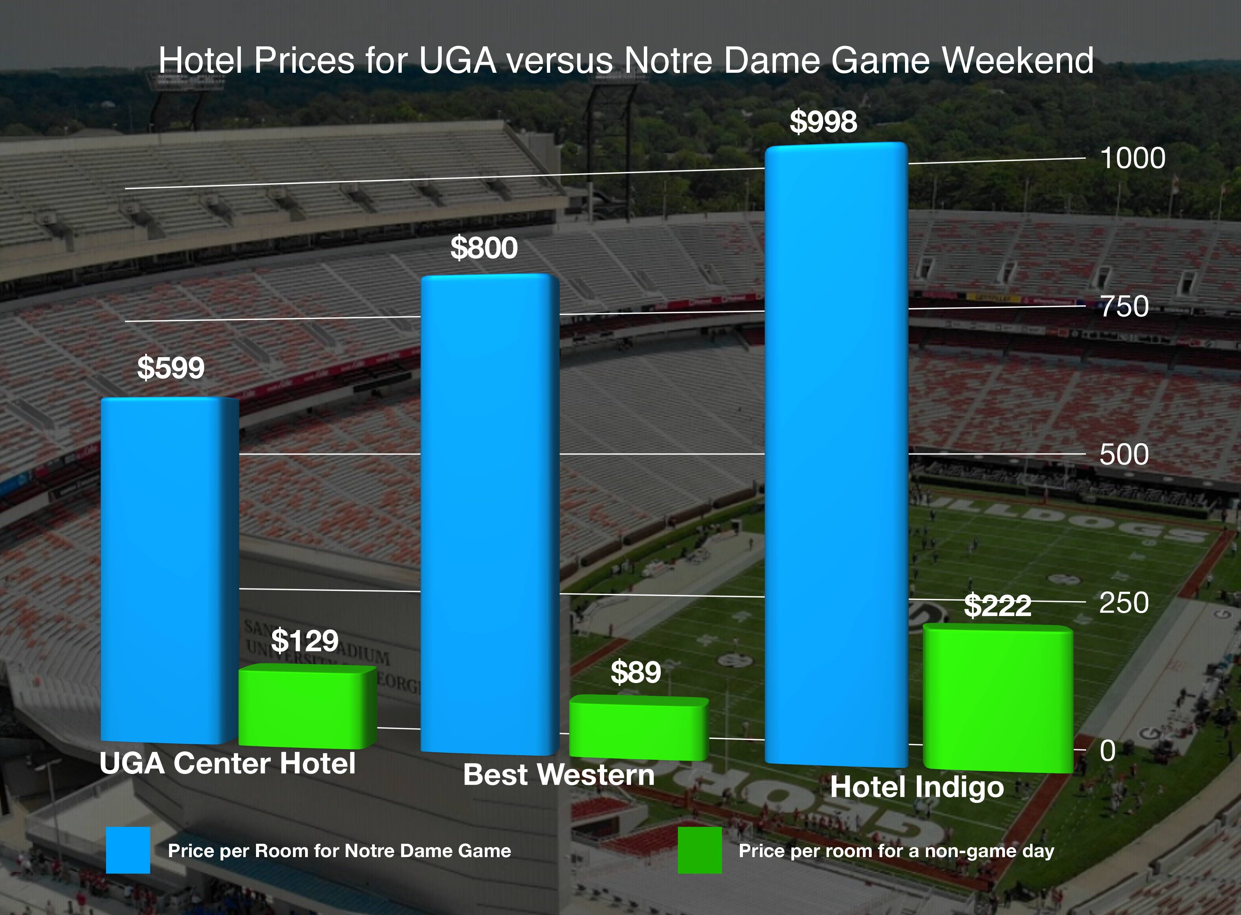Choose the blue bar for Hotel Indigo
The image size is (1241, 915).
(836, 454)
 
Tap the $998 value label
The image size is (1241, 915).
(823, 122)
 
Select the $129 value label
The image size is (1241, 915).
(304, 641)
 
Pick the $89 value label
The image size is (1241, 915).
(635, 672)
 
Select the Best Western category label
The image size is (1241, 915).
(558, 774)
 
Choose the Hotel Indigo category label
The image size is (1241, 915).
(917, 787)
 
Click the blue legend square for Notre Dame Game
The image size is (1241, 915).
(128, 850)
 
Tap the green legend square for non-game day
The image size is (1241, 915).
(700, 850)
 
